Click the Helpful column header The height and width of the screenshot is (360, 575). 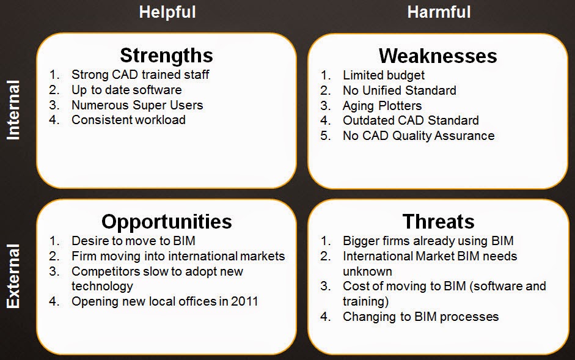coord(167,12)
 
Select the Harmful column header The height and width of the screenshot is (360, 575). coord(439,12)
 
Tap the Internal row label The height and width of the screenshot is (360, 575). coord(13,110)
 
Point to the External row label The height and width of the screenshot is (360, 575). coord(13,276)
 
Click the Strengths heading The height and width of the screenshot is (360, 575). coord(166,56)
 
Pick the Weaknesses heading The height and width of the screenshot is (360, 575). coord(438,56)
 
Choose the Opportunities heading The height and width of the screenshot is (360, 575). coord(166,222)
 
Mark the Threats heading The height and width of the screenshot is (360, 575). coord(439,222)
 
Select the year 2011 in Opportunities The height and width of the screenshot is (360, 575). coord(244,301)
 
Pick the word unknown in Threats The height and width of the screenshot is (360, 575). coord(367,271)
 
